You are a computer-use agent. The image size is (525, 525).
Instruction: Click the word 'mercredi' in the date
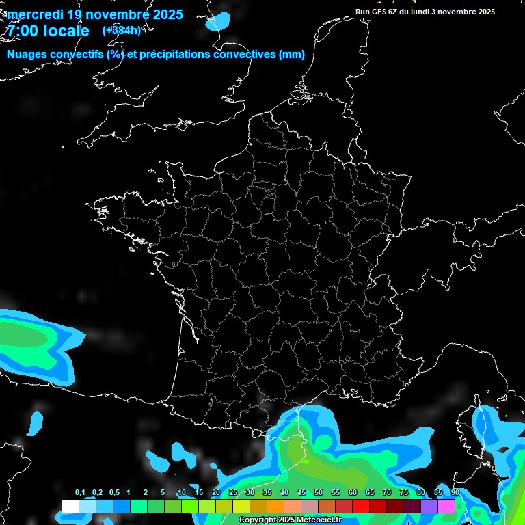pos(36,14)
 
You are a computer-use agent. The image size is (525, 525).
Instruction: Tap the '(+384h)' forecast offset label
pos(121,30)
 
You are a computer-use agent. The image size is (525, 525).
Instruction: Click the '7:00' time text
pos(23,31)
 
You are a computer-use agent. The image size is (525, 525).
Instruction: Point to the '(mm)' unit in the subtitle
pos(292,55)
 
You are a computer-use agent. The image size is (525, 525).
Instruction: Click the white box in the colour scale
pos(70,507)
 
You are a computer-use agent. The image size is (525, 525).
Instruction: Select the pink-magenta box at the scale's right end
pos(446,507)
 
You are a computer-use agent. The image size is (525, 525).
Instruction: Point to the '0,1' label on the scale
pos(80,493)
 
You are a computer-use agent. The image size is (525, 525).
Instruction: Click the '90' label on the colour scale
pos(455,493)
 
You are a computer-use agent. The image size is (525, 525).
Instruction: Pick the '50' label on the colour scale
pos(319,493)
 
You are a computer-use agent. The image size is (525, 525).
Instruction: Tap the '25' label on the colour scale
pos(233,493)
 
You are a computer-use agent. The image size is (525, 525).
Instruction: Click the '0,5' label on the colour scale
pos(114,493)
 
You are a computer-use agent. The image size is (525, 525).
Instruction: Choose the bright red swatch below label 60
pos(361,507)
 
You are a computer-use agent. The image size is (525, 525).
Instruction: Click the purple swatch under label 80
pos(429,507)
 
